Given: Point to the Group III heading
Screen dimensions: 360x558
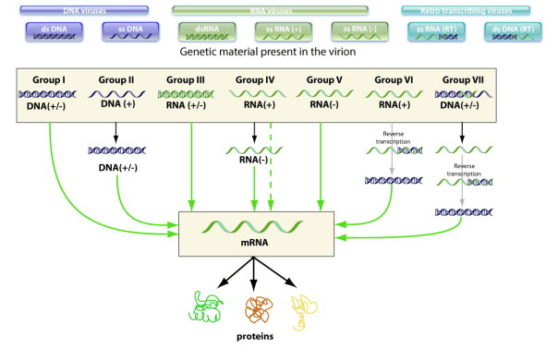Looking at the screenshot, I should (x=190, y=80).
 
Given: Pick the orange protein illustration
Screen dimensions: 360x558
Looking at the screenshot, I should (x=261, y=307).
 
